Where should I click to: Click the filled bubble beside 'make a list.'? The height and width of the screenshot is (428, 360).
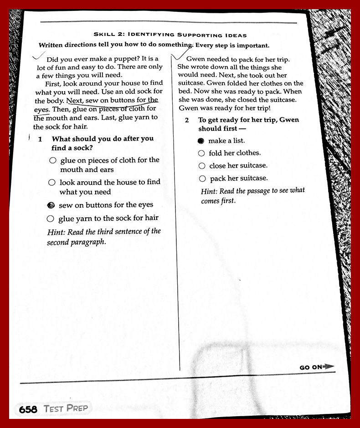coord(201,141)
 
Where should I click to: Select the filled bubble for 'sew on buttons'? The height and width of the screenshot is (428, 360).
coord(51,205)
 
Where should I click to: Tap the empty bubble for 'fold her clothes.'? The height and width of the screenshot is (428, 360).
coord(201,153)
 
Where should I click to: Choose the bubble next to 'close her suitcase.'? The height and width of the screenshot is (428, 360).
coord(202,166)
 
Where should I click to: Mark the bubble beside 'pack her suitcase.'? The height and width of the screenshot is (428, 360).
coord(202,179)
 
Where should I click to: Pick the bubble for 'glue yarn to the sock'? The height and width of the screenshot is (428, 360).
coord(51,219)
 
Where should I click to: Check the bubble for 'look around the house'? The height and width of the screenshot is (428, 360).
coord(52,183)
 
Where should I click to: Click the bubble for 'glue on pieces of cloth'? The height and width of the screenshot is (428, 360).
coord(53,161)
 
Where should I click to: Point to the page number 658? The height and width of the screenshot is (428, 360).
coord(28,409)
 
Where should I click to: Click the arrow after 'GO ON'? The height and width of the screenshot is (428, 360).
coord(329,367)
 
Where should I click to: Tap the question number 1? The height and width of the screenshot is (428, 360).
coord(41,139)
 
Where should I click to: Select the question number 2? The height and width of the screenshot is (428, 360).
coord(187,120)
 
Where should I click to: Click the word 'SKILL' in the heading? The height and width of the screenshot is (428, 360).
coord(105,35)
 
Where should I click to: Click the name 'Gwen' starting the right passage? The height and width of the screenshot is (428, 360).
coord(195,59)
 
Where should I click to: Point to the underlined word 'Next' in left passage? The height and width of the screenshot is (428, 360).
coord(75,100)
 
